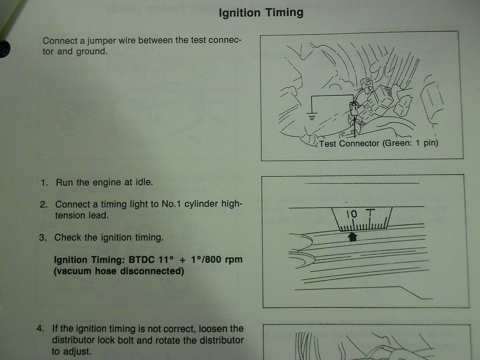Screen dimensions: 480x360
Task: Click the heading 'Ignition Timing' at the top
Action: click(261, 13)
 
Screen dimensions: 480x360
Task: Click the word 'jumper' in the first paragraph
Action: click(101, 40)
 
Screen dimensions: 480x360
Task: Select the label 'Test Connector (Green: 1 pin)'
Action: click(378, 143)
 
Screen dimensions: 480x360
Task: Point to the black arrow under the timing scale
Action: click(352, 236)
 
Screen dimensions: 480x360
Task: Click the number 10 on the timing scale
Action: click(351, 214)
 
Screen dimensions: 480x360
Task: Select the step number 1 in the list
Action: click(44, 183)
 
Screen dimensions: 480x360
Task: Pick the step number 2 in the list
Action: click(43, 204)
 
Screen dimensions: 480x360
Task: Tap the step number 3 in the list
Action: click(42, 237)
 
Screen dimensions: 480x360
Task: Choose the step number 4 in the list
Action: click(40, 329)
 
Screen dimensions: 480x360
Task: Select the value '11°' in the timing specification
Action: click(166, 259)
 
